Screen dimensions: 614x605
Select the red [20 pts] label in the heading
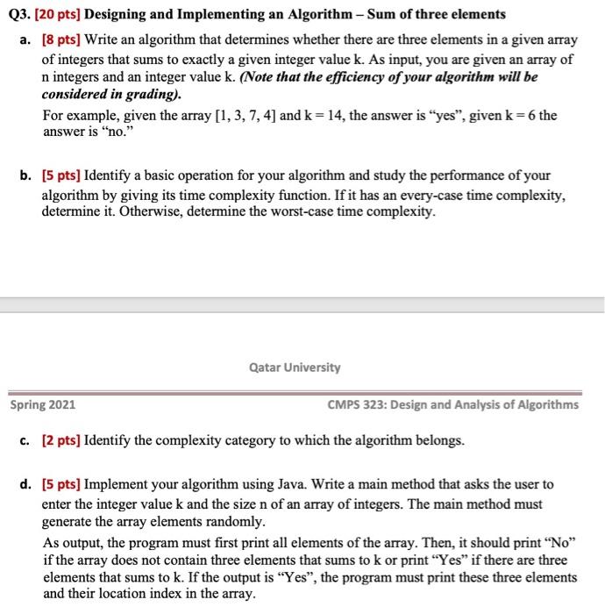point(57,14)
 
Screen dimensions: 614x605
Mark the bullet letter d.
point(25,483)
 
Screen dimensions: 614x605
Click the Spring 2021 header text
point(42,404)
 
